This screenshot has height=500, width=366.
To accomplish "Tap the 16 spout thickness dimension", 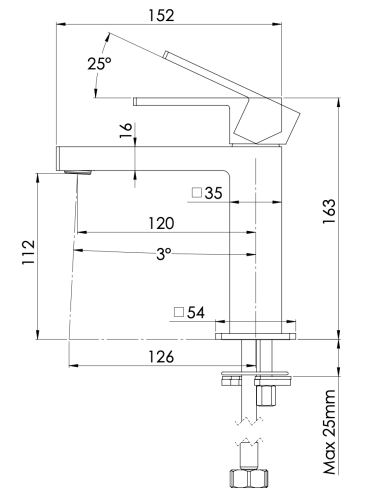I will [123, 134].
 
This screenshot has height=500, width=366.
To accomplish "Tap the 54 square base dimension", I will [194, 313].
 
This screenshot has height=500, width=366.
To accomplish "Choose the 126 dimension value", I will [159, 356].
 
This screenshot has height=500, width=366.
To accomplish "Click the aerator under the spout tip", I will [71, 173].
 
